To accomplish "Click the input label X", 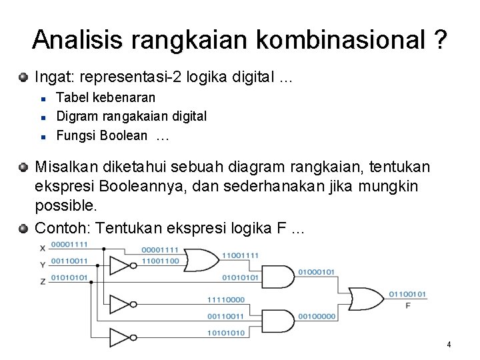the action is pyautogui.click(x=43, y=249).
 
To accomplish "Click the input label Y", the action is pyautogui.click(x=43, y=265).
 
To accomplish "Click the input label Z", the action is pyautogui.click(x=43, y=281).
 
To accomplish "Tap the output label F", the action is pyautogui.click(x=408, y=305).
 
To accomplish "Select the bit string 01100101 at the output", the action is pyautogui.click(x=407, y=294).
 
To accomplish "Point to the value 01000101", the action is pyautogui.click(x=316, y=272).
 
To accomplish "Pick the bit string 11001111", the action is pyautogui.click(x=240, y=255).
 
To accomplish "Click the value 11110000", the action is pyautogui.click(x=227, y=300).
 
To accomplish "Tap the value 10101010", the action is pyautogui.click(x=227, y=333).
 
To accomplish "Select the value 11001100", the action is pyautogui.click(x=160, y=261).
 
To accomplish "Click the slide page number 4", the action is pyautogui.click(x=449, y=345).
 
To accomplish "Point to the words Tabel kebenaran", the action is pyautogui.click(x=106, y=97).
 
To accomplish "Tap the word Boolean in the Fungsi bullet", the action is pyautogui.click(x=123, y=136).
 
